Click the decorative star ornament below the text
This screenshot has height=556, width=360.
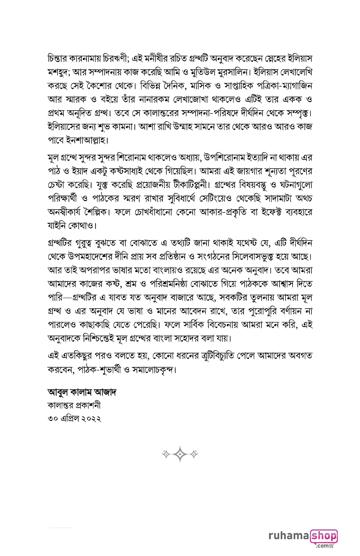pyautogui.click(x=180, y=454)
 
